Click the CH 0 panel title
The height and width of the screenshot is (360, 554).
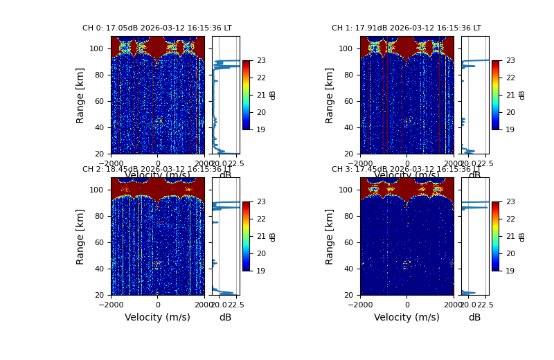pos(157,28)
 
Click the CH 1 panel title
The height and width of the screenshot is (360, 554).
pos(406,28)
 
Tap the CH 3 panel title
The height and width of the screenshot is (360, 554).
pos(406,170)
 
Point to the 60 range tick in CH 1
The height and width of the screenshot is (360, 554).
pos(350,101)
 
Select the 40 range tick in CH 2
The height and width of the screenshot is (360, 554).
pos(101,269)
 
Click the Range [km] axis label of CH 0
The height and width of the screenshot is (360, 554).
pos(80,95)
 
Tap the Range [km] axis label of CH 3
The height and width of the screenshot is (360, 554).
pos(330,236)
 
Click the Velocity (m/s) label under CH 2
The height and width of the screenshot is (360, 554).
pos(157,318)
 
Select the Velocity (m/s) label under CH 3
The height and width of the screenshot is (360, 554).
pos(406,318)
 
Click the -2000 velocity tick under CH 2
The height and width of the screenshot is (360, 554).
pos(111,305)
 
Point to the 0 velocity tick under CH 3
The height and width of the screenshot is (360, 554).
pos(406,305)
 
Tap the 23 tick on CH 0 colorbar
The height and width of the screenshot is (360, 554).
pos(261,60)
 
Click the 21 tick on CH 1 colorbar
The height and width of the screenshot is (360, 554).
pos(510,95)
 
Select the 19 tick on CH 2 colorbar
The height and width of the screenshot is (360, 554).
pos(261,271)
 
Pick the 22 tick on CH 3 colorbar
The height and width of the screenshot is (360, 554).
pos(510,219)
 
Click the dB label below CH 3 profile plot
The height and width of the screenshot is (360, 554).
pos(474,318)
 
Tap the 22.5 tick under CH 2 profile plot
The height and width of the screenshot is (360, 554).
pos(235,305)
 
